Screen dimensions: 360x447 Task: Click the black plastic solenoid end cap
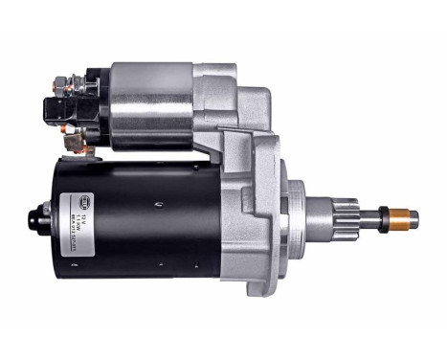(x=86, y=105)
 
